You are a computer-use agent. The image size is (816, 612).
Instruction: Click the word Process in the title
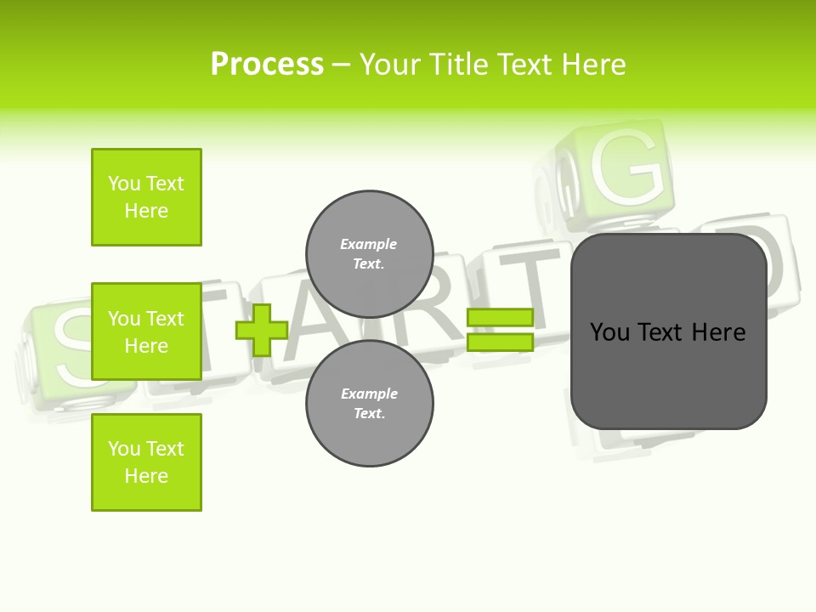[x=267, y=64]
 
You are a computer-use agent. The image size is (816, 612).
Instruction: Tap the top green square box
[x=146, y=197]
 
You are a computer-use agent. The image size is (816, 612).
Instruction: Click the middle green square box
[x=146, y=331]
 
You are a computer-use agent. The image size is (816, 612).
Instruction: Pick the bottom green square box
[x=146, y=462]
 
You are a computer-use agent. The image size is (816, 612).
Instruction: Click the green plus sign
[x=261, y=330]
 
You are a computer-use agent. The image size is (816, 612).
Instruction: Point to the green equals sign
[x=500, y=330]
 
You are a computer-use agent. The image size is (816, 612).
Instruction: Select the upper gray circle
[x=369, y=253]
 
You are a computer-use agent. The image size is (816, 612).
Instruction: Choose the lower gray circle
[x=369, y=403]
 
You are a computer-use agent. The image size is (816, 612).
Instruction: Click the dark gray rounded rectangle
[x=668, y=331]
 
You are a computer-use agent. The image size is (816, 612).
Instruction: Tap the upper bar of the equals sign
[x=500, y=317]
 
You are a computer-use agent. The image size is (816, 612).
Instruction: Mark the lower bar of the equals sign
[x=500, y=342]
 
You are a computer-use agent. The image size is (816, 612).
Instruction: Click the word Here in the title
[x=594, y=64]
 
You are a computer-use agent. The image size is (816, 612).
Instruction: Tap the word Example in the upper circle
[x=368, y=244]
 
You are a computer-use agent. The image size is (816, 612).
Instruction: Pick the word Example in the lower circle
[x=369, y=394]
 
